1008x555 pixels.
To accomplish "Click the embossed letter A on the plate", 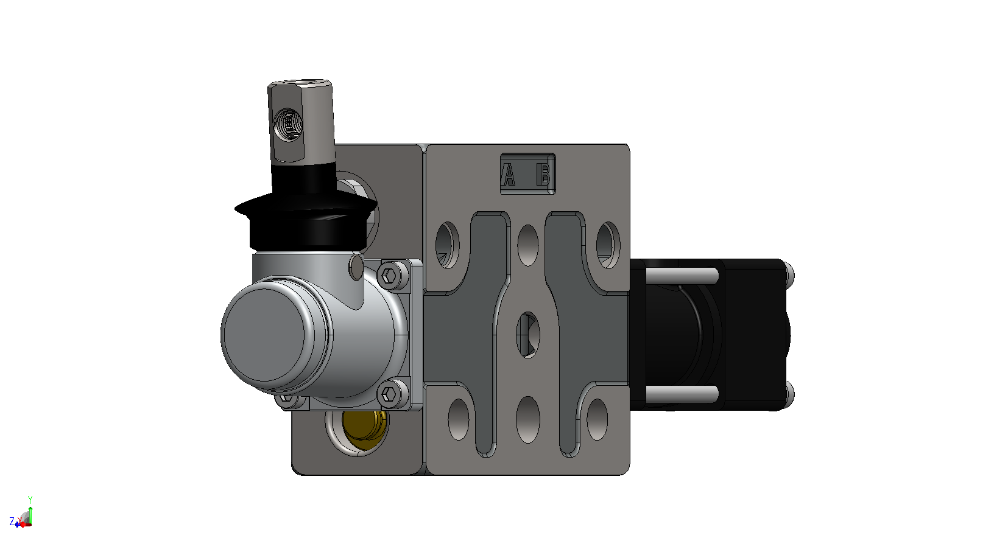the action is pos(509,175).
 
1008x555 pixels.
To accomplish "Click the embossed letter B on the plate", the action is pos(544,175).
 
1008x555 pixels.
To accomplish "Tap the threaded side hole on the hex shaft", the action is pos(288,123).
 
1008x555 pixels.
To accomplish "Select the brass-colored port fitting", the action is pos(364,425).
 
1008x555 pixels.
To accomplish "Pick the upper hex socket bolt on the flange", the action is pos(389,275).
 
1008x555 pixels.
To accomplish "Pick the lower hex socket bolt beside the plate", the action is pos(389,394).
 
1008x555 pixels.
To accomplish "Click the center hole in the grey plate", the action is pos(528,335).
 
